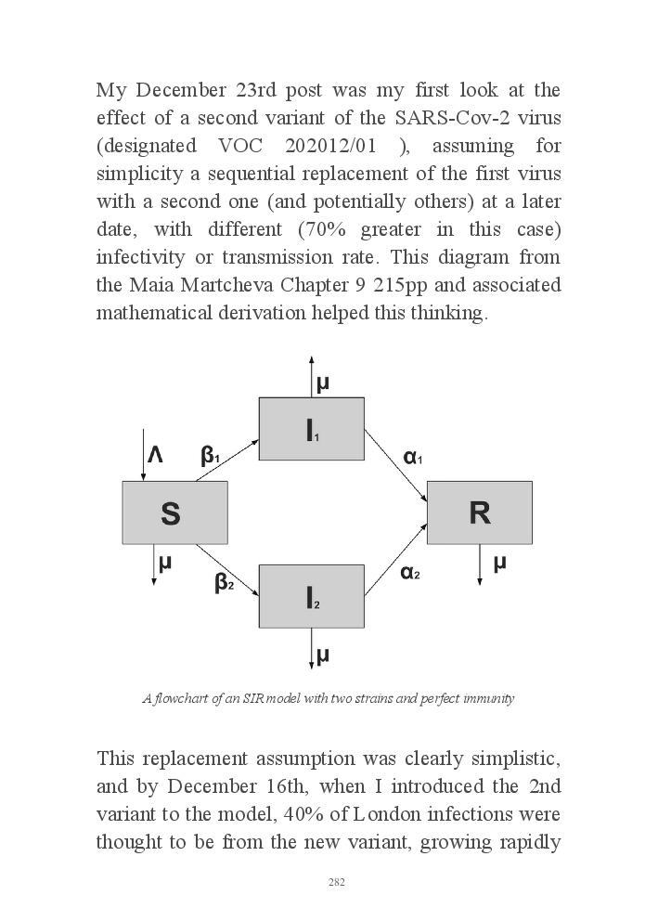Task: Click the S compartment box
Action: pyautogui.click(x=174, y=512)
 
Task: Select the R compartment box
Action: pyautogui.click(x=479, y=512)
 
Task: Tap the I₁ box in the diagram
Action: pyautogui.click(x=310, y=429)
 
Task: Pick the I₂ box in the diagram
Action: pyautogui.click(x=310, y=596)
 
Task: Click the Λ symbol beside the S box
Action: pyautogui.click(x=155, y=455)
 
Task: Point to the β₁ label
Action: pyautogui.click(x=210, y=456)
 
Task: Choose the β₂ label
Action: pyautogui.click(x=224, y=583)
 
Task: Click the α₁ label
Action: pyautogui.click(x=412, y=457)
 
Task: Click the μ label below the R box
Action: pyautogui.click(x=499, y=563)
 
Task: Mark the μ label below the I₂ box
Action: pyautogui.click(x=323, y=655)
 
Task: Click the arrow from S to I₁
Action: pyautogui.click(x=228, y=460)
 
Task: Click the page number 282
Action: pyautogui.click(x=337, y=882)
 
